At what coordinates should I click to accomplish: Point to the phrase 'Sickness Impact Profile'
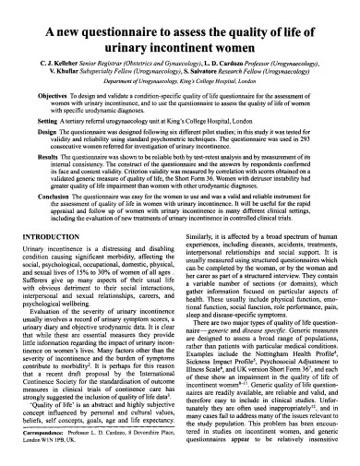222,388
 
